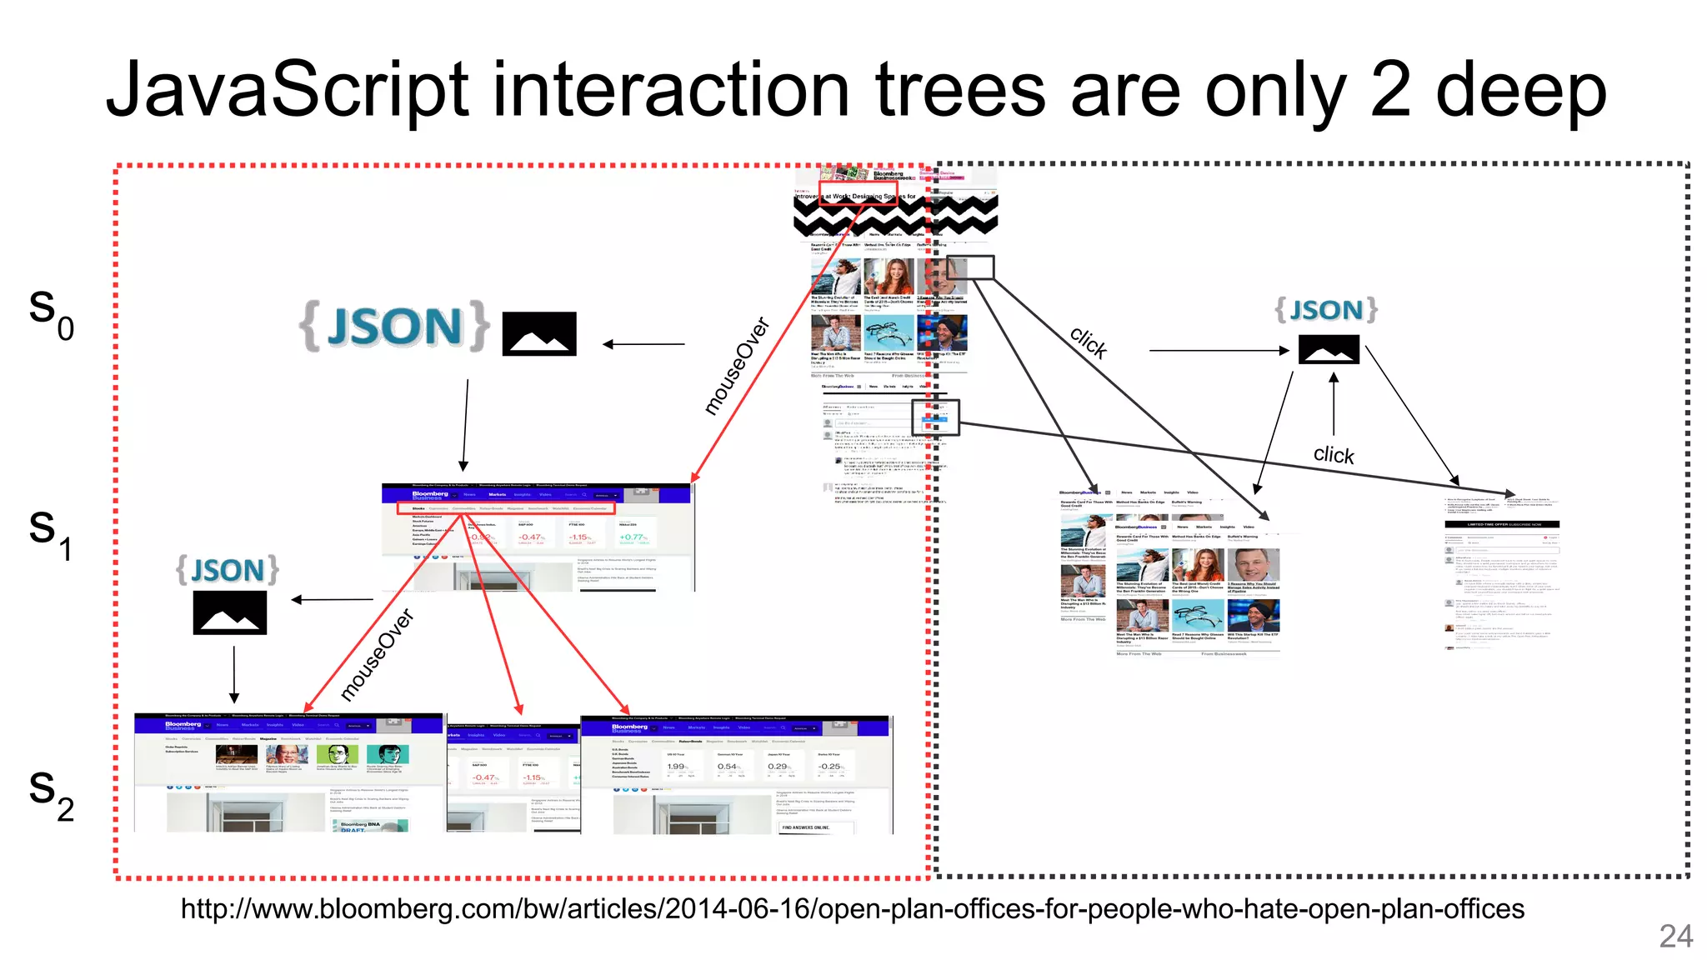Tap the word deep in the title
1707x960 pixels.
click(x=1520, y=90)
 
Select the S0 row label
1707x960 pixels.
click(x=51, y=312)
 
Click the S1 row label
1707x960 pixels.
click(x=49, y=533)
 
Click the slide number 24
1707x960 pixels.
click(x=1675, y=936)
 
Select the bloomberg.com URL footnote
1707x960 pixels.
click(x=852, y=908)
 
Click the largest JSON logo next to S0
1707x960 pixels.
click(x=394, y=327)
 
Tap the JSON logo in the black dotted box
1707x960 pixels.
click(x=1325, y=310)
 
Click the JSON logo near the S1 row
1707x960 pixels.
click(x=228, y=570)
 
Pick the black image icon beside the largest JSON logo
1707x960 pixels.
click(x=539, y=334)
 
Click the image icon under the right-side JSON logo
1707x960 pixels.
click(x=1329, y=349)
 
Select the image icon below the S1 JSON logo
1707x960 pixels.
click(x=230, y=612)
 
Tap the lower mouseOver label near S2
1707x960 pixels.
click(x=377, y=655)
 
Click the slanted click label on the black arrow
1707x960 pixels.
click(x=1089, y=342)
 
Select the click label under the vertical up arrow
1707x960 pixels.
click(x=1334, y=454)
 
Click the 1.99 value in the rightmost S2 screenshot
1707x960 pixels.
click(x=676, y=766)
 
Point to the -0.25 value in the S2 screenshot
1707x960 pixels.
click(x=829, y=766)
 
